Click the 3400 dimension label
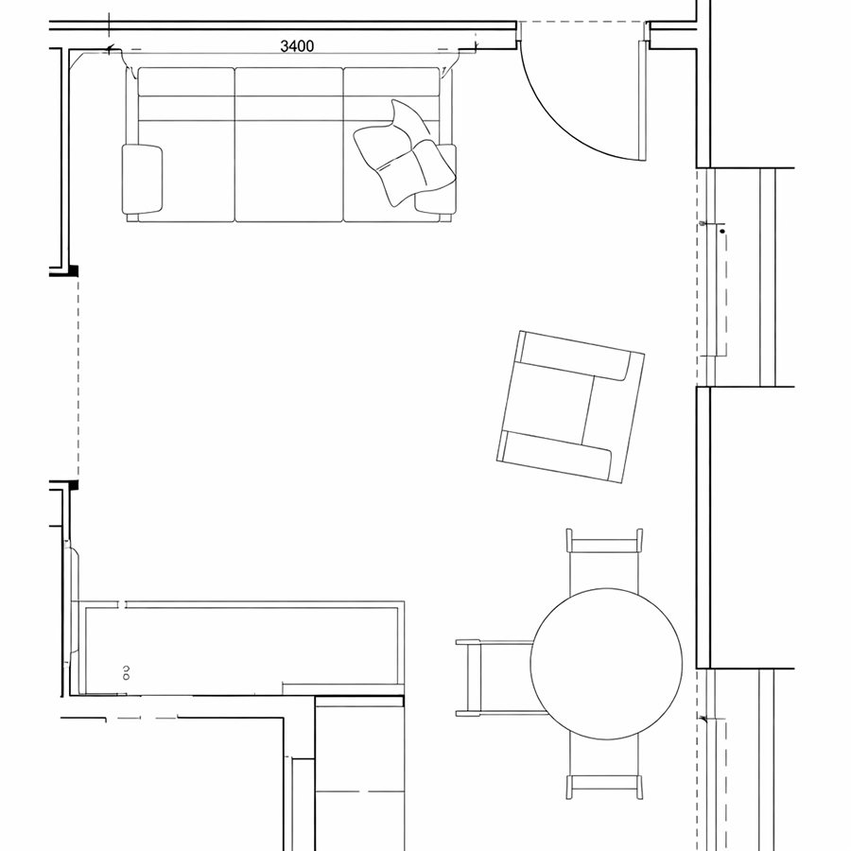coord(297,46)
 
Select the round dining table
coord(606,664)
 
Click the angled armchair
coord(570,407)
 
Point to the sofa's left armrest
coord(142,179)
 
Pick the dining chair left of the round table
coord(494,678)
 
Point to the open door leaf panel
coord(642,101)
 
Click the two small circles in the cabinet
coord(127,672)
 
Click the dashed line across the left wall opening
coord(78,378)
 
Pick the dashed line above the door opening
coord(582,22)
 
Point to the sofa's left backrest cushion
coord(186,81)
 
